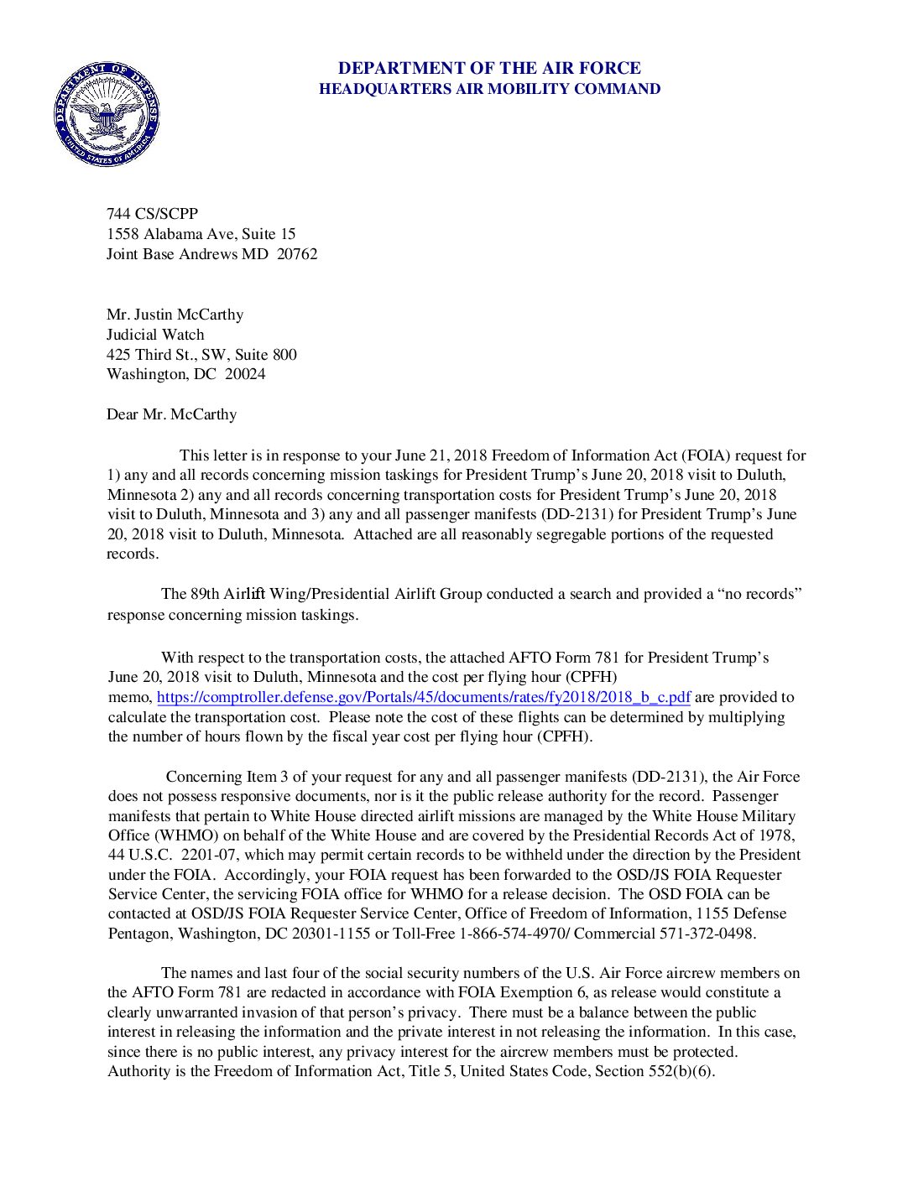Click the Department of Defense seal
click(107, 113)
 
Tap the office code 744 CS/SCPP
click(152, 214)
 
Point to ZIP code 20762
click(297, 254)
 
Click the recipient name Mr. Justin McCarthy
click(175, 315)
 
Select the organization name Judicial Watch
click(155, 335)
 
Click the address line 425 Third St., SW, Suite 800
click(201, 355)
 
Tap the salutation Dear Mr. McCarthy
click(171, 414)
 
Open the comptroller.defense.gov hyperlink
click(424, 697)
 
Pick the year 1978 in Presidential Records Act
click(776, 835)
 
